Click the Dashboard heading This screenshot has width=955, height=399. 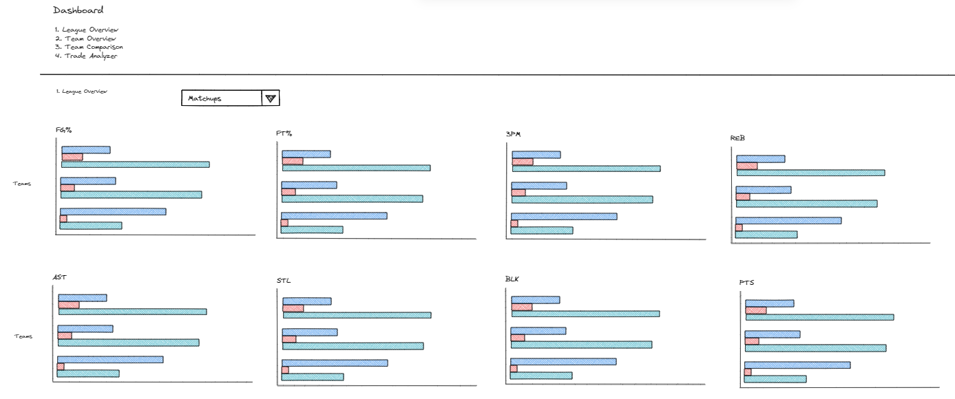click(x=78, y=10)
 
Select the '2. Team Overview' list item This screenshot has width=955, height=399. click(x=87, y=39)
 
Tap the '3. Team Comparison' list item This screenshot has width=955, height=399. click(x=90, y=47)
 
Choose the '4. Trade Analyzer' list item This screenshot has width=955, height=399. click(x=87, y=56)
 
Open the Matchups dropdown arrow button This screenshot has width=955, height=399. click(x=271, y=98)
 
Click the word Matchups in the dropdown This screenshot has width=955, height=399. click(x=205, y=98)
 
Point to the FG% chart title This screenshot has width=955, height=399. click(x=64, y=129)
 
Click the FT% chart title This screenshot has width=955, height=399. click(x=284, y=133)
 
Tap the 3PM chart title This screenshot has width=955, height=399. click(x=514, y=133)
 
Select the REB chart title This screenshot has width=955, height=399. click(x=738, y=138)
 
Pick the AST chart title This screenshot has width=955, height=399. click(x=60, y=277)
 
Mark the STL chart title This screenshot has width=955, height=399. click(x=284, y=281)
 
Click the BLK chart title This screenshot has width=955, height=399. click(x=512, y=279)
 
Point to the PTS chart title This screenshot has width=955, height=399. click(x=747, y=283)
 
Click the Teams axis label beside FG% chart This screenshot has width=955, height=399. click(x=22, y=184)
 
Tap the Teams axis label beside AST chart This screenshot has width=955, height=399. click(x=24, y=336)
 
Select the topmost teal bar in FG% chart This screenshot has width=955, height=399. click(x=135, y=164)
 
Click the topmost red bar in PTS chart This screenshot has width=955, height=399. click(x=755, y=310)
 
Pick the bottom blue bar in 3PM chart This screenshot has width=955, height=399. click(x=564, y=216)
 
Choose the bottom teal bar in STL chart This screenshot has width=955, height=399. click(x=313, y=377)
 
